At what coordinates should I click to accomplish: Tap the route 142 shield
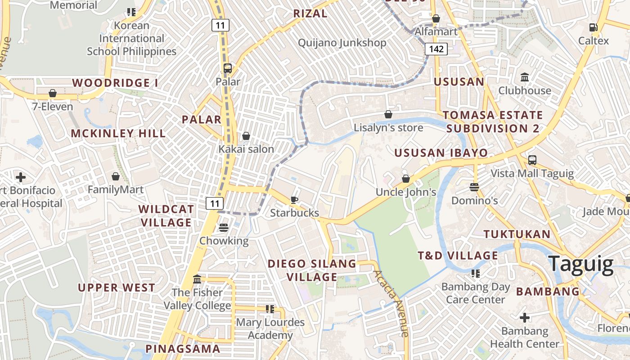(436, 49)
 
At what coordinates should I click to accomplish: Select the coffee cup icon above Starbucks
(294, 200)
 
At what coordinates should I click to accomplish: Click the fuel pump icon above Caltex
(593, 27)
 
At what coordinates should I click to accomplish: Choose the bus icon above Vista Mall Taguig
(532, 160)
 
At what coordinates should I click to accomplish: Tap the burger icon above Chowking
(224, 228)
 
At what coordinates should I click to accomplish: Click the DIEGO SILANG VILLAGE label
(312, 270)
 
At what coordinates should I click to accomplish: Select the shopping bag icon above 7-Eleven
(53, 93)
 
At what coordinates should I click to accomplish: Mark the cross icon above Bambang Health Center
(524, 318)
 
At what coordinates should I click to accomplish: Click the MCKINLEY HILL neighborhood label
(118, 133)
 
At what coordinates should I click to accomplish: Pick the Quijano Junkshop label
(342, 43)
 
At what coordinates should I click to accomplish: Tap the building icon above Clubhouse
(524, 77)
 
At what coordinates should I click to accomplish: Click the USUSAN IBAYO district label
(441, 153)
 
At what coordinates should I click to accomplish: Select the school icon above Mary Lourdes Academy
(270, 309)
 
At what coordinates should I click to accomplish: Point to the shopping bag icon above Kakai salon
(246, 136)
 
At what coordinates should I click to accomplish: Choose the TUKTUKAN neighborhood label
(517, 234)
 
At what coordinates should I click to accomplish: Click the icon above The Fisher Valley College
(197, 279)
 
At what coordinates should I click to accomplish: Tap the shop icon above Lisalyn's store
(388, 115)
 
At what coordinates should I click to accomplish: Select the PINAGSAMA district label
(183, 349)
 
